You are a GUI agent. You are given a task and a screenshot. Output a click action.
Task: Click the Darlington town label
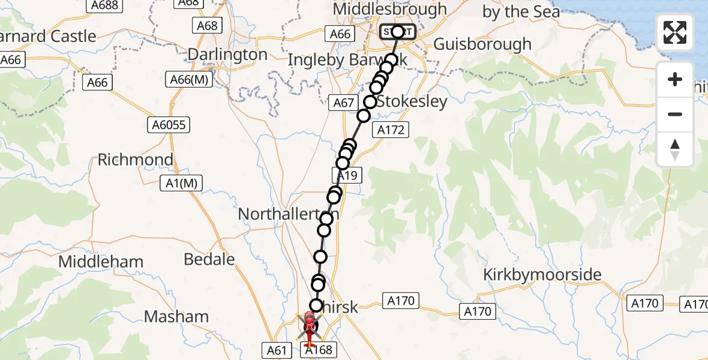[227, 55]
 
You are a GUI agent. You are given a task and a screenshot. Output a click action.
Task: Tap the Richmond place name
[135, 160]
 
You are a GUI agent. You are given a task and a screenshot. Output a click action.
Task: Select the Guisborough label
[482, 44]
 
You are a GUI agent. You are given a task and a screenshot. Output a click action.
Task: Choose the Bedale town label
[209, 259]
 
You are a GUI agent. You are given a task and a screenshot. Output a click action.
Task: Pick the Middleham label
[101, 262]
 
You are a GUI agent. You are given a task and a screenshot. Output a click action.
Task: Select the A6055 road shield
[169, 125]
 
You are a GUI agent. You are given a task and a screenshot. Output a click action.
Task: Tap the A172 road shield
[391, 129]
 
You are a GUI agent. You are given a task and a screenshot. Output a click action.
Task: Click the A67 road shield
[343, 103]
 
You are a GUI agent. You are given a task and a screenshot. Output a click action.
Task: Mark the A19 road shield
[347, 176]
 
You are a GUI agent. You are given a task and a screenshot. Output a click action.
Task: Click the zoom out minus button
[675, 115]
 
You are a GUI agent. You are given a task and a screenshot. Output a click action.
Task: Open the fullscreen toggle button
[675, 32]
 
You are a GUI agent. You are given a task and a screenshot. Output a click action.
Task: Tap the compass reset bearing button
[675, 149]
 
